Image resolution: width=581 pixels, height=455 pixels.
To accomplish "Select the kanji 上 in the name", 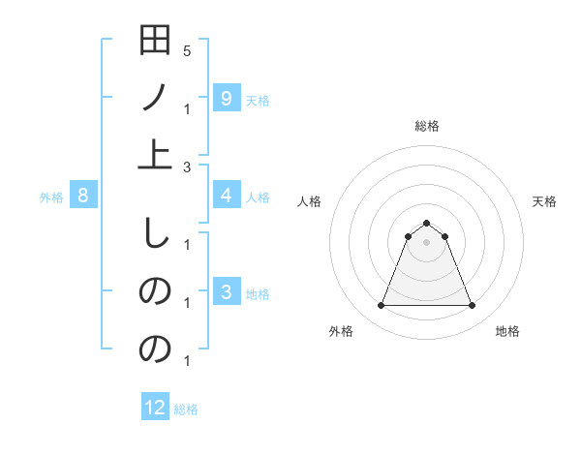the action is [155, 155].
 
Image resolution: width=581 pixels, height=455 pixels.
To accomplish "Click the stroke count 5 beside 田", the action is [187, 50].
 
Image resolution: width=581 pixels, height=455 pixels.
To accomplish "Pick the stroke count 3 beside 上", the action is [187, 167].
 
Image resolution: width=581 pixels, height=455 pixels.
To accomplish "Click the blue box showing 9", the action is [226, 98].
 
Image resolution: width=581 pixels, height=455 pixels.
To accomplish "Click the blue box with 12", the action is [155, 408].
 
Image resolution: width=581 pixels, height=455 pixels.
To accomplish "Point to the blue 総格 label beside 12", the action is [186, 409].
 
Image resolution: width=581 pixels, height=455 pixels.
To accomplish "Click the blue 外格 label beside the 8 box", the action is [51, 197].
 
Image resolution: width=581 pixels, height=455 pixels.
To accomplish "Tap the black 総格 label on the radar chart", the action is [426, 126].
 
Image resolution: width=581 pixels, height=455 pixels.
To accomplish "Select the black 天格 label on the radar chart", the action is [545, 201].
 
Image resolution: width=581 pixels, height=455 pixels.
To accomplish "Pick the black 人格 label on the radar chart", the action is [310, 201].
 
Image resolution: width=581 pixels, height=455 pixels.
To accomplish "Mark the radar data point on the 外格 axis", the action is [381, 306].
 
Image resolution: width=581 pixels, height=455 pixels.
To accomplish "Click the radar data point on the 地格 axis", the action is [472, 306].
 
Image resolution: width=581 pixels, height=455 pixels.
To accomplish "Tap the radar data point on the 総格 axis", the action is [426, 224].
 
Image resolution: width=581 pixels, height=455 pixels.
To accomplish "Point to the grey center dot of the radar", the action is [426, 243].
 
